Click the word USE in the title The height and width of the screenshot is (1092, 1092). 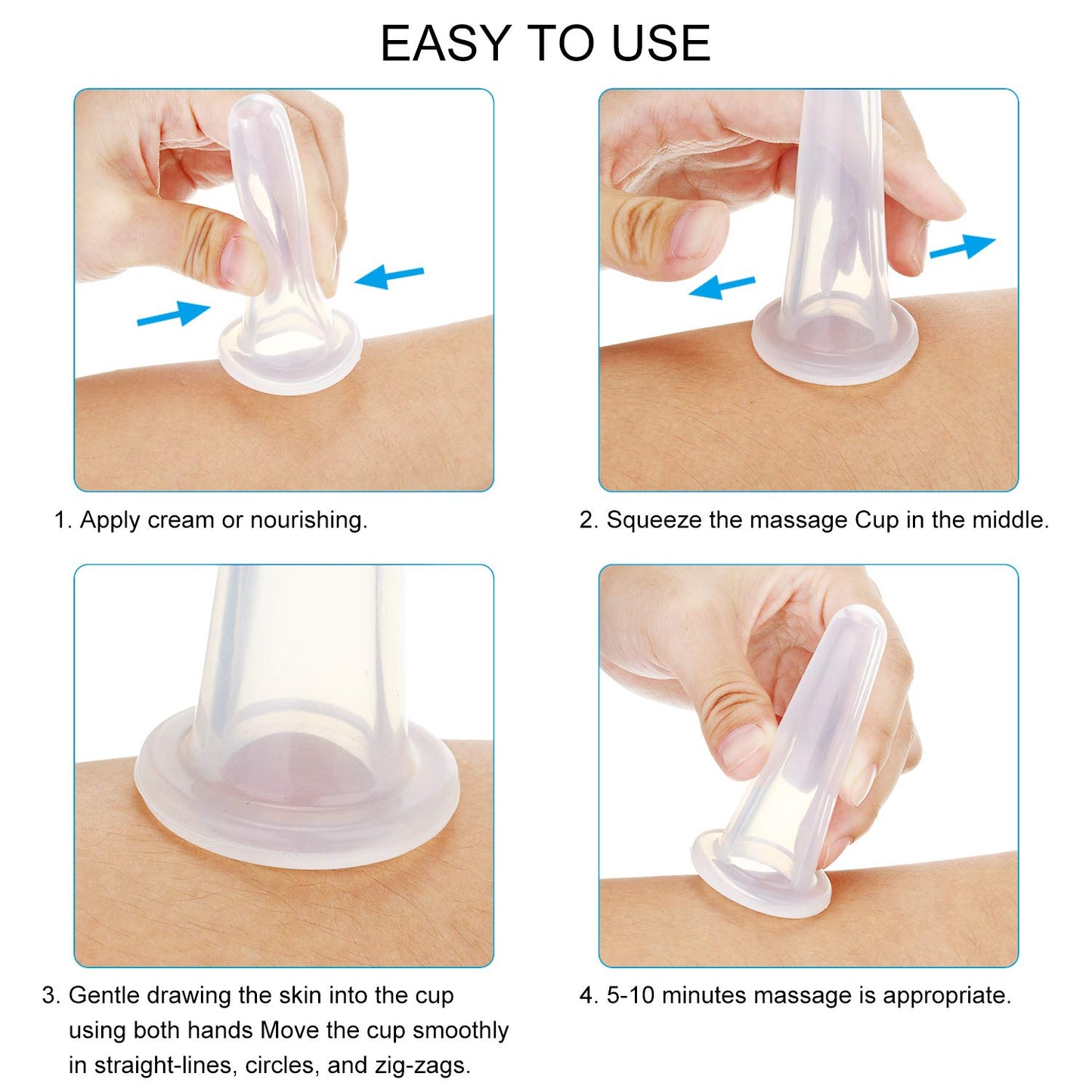tap(661, 43)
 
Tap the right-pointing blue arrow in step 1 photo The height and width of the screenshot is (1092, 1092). tap(173, 313)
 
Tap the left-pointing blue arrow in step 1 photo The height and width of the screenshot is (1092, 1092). tap(389, 277)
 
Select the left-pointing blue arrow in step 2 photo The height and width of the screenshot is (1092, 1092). tap(722, 287)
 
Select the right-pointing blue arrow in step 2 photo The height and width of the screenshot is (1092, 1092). tap(961, 247)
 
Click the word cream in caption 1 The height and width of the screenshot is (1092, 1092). tap(181, 520)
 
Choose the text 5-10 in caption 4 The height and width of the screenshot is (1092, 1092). tap(630, 995)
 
